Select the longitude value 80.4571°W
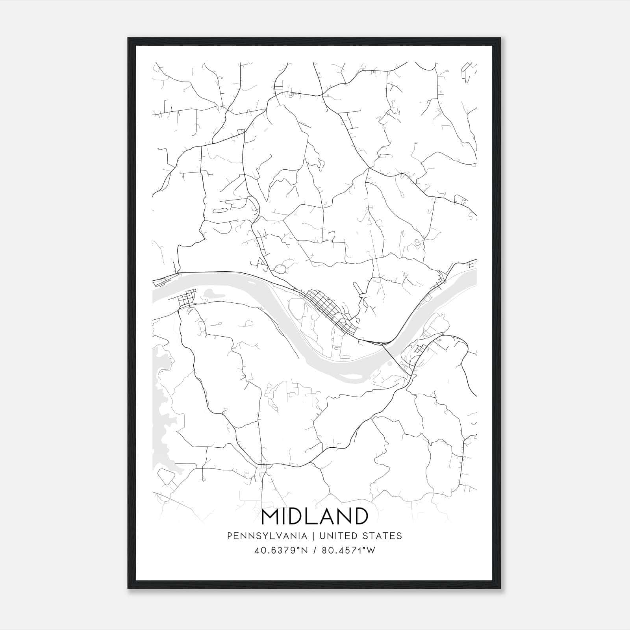(348, 550)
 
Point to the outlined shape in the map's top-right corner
(467, 71)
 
